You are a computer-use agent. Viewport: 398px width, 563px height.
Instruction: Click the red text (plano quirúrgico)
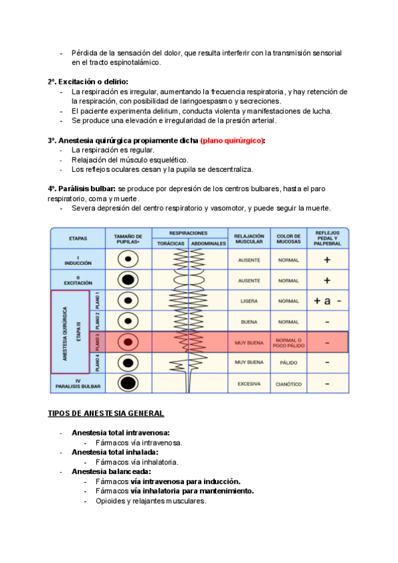(232, 140)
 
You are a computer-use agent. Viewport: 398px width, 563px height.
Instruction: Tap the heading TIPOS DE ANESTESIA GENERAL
(106, 413)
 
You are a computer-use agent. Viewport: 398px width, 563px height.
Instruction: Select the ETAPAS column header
(78, 238)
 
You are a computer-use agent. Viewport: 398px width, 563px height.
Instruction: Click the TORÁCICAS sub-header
(171, 244)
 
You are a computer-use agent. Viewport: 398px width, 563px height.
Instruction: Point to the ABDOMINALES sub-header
(209, 244)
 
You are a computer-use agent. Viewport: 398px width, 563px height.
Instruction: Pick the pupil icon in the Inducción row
(128, 259)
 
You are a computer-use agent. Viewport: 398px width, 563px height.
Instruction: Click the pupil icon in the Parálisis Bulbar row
(128, 383)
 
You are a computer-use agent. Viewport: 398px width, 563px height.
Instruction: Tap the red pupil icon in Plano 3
(128, 342)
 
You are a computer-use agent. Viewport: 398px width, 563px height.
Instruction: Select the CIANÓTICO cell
(288, 384)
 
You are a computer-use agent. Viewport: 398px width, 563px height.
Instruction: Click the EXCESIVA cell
(249, 384)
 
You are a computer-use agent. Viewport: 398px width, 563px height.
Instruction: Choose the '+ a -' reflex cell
(327, 301)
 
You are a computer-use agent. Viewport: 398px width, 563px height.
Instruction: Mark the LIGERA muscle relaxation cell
(249, 301)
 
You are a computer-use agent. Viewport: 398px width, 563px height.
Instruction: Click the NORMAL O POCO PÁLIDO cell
(288, 343)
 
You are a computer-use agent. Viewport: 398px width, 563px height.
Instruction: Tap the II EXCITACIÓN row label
(78, 280)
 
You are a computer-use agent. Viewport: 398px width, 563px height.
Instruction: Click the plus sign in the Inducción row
(327, 260)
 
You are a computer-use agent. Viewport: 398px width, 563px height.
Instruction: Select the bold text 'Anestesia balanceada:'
(112, 471)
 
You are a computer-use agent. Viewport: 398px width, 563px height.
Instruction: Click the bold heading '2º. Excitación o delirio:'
(88, 82)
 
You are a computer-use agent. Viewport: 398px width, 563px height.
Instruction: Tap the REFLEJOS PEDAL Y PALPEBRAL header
(327, 238)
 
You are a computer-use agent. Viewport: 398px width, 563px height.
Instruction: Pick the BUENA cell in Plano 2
(249, 322)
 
